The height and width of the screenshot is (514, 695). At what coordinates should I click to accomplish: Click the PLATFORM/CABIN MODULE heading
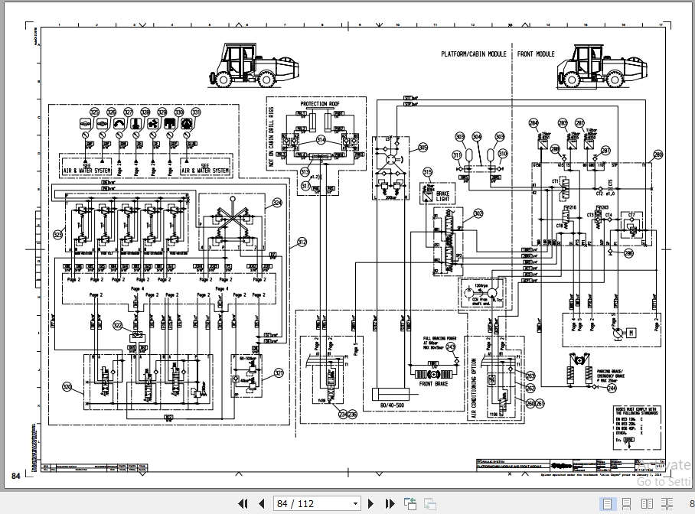pos(473,54)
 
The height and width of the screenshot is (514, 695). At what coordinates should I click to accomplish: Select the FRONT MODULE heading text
pos(536,54)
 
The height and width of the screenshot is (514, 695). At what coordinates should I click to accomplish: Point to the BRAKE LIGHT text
pos(442,197)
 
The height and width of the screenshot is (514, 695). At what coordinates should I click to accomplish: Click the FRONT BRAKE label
pos(433,385)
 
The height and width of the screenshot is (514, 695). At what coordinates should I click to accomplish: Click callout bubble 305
pos(423,147)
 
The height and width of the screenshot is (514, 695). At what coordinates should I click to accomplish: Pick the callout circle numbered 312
pos(302,242)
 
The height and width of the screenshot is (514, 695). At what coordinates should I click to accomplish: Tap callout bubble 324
pos(277,203)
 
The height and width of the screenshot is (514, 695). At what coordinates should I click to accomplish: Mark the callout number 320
pos(67,387)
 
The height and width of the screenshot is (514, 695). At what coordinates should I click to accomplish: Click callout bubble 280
pos(657,155)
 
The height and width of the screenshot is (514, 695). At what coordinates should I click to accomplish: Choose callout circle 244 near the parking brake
pos(612,389)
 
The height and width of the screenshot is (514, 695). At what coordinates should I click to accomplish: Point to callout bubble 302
pos(478,214)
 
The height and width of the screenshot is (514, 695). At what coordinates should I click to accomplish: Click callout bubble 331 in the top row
pos(196,112)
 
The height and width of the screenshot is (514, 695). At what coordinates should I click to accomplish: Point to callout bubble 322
pos(118,325)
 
